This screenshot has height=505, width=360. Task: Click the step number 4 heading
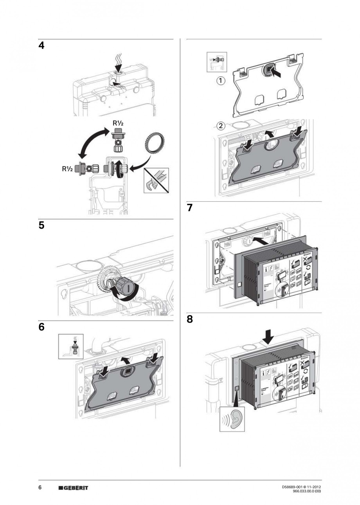click(x=41, y=46)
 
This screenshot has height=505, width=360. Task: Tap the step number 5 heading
click(x=41, y=225)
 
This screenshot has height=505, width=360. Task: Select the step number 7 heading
click(x=190, y=208)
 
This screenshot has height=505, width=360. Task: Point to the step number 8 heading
click(x=190, y=319)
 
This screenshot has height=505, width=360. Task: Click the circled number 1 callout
click(x=221, y=81)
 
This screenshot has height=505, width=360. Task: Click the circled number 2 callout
click(x=221, y=126)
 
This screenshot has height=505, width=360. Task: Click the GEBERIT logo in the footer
click(x=73, y=488)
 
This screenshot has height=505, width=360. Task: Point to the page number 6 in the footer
click(x=40, y=487)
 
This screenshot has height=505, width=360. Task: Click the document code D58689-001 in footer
click(x=293, y=487)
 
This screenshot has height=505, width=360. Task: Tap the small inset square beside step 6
click(x=71, y=346)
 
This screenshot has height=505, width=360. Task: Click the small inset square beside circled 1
click(x=216, y=62)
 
